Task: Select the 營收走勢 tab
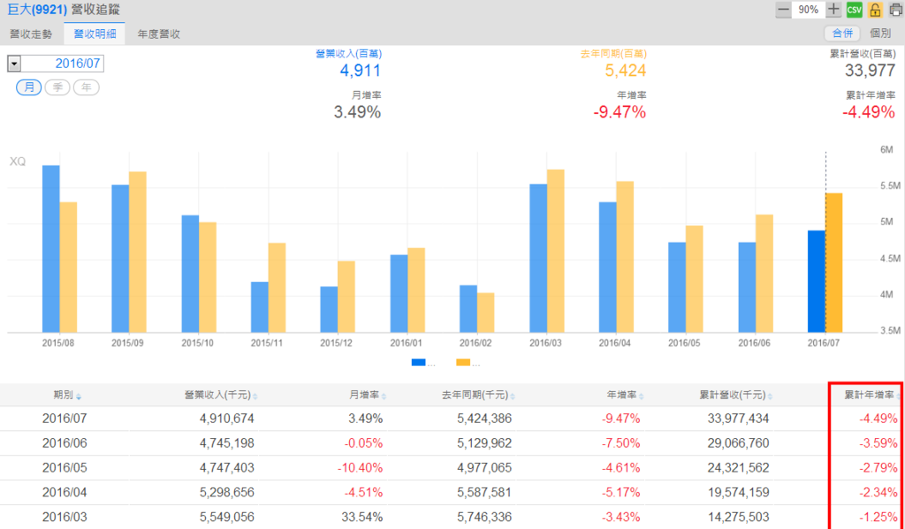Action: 31,34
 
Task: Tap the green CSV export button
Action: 855,10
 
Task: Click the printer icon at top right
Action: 895,10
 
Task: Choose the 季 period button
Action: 57,87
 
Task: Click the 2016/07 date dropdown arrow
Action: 14,64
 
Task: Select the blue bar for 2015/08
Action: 51,248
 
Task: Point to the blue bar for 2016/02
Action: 468,308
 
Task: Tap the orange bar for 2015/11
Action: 277,287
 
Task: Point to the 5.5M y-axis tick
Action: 889,186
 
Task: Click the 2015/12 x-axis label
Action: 337,342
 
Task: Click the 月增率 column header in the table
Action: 363,395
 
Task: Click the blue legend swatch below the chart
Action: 419,362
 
